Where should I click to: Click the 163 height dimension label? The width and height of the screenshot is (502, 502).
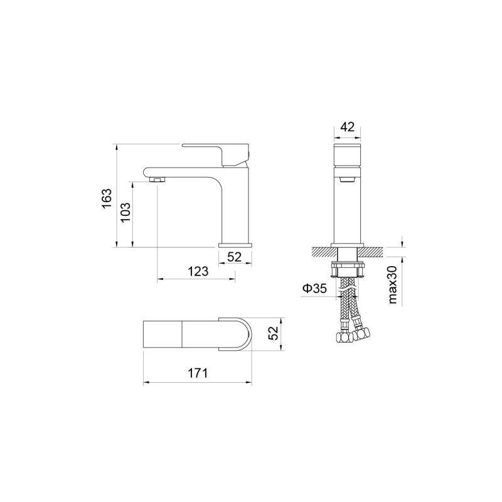(x=107, y=198)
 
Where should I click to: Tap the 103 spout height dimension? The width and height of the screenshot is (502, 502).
(x=125, y=212)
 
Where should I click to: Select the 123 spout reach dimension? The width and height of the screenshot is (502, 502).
(x=198, y=271)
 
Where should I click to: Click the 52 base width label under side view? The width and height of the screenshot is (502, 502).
(x=234, y=257)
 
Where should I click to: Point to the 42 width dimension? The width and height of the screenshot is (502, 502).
(x=348, y=127)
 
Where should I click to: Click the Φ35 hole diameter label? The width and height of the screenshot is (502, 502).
(x=315, y=289)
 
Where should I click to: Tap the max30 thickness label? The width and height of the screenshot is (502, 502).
(x=393, y=285)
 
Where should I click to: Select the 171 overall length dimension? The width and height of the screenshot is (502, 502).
(x=198, y=373)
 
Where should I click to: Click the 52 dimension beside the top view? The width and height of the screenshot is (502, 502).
(x=273, y=334)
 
